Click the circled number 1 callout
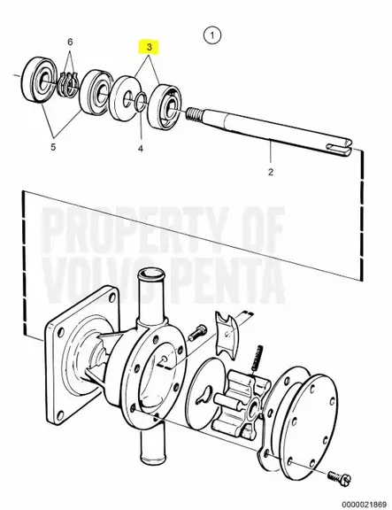[x=211, y=35]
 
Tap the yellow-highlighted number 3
[x=150, y=47]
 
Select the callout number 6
[x=70, y=42]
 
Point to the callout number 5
[x=53, y=147]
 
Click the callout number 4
[x=141, y=149]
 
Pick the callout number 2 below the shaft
[x=271, y=172]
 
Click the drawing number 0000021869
[x=364, y=504]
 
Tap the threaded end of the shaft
[x=195, y=113]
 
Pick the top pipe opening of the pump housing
[x=150, y=274]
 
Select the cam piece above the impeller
[x=227, y=334]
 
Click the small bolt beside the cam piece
[x=197, y=332]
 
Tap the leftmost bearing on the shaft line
[x=36, y=80]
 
